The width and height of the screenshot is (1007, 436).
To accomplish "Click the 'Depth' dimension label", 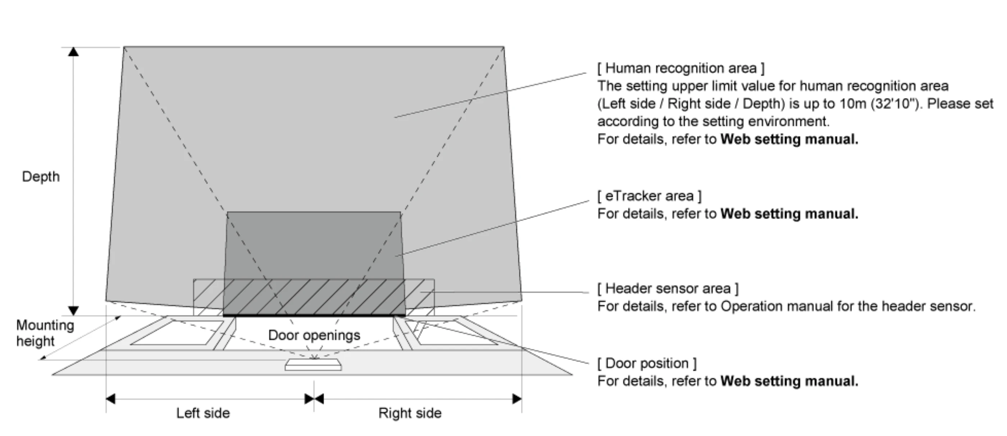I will (41, 176).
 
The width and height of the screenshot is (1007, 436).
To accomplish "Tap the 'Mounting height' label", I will (45, 333).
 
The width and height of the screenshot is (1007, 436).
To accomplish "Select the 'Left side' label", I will (203, 413).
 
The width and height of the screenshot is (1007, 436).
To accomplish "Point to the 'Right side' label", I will (410, 413).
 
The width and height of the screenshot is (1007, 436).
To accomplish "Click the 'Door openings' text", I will (314, 335).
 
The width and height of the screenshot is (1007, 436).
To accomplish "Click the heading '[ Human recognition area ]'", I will (680, 68).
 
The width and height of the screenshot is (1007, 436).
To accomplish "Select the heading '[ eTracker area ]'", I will (649, 196).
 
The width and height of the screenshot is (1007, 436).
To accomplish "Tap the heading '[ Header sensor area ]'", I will (668, 289).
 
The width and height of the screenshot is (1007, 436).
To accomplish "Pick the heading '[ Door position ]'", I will (647, 363).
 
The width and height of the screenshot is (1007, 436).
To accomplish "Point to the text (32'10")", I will (895, 104).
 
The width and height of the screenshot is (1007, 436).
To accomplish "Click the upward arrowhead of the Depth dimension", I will (73, 51).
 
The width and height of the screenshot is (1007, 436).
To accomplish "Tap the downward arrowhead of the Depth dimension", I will (73, 311).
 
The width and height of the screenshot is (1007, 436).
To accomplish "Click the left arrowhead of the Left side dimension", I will (111, 399).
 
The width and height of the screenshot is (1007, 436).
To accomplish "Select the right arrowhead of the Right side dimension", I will (517, 399).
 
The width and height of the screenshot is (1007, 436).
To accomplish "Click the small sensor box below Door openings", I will (313, 365).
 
